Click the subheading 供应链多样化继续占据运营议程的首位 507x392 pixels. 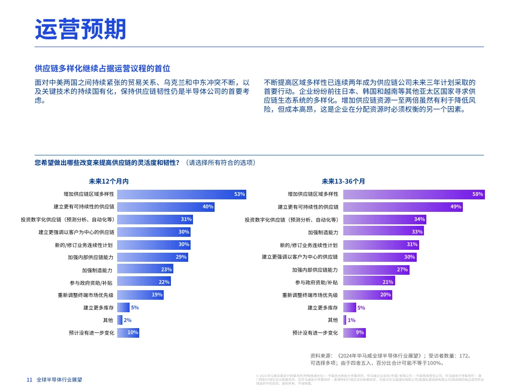tap(102, 69)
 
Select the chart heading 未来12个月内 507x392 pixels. tap(109, 182)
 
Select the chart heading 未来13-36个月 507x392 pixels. tap(343, 182)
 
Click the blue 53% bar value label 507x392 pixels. tap(240, 194)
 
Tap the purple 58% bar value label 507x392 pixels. tap(477, 194)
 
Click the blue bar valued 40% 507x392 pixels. tap(166, 207)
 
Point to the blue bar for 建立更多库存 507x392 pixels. tap(123, 307)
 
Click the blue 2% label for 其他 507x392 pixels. tap(127, 320)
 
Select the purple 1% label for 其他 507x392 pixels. tap(351, 320)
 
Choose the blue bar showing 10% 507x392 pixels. tap(128, 332)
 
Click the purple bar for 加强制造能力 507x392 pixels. tap(384, 232)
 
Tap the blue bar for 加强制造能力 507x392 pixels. tap(145, 269)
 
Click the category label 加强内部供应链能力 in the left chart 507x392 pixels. tap(91, 257)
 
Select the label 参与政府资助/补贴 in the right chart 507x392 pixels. tap(316, 282)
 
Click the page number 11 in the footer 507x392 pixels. tap(29, 380)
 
